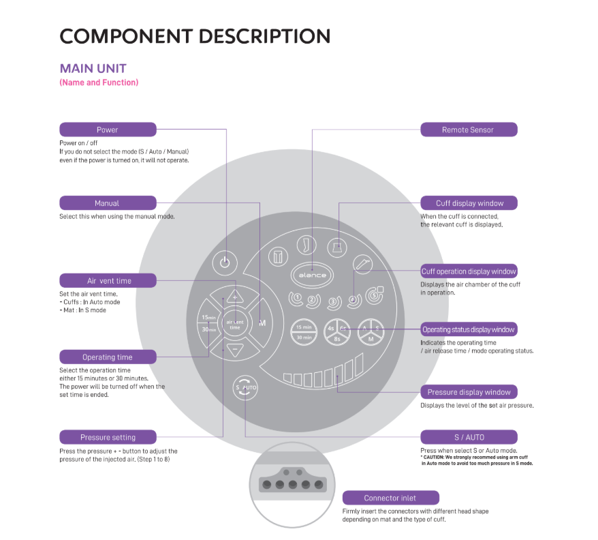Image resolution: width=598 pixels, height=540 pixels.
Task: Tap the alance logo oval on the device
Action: tap(312, 275)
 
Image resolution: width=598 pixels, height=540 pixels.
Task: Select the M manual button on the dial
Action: tap(262, 322)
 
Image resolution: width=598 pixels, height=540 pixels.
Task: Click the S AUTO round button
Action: tap(245, 387)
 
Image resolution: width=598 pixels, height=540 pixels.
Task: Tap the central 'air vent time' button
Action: tap(234, 325)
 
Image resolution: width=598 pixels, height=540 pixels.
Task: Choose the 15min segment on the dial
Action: tap(208, 317)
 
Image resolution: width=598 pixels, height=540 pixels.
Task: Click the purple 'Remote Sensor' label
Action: tap(468, 130)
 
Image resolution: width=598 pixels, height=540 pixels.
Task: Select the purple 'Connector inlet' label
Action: tap(390, 498)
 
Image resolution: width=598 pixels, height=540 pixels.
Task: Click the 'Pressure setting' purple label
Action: tap(108, 437)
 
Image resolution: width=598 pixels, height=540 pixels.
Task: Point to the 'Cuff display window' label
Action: tap(469, 203)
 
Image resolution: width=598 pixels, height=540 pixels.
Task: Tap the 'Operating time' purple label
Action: tap(108, 357)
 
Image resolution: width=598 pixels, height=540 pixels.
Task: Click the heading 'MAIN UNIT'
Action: tap(93, 68)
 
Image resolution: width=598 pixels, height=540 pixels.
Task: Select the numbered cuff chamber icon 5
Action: tap(374, 297)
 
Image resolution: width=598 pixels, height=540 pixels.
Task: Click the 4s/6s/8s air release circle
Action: tap(337, 331)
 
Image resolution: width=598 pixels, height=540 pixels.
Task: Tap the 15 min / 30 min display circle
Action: tap(304, 331)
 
